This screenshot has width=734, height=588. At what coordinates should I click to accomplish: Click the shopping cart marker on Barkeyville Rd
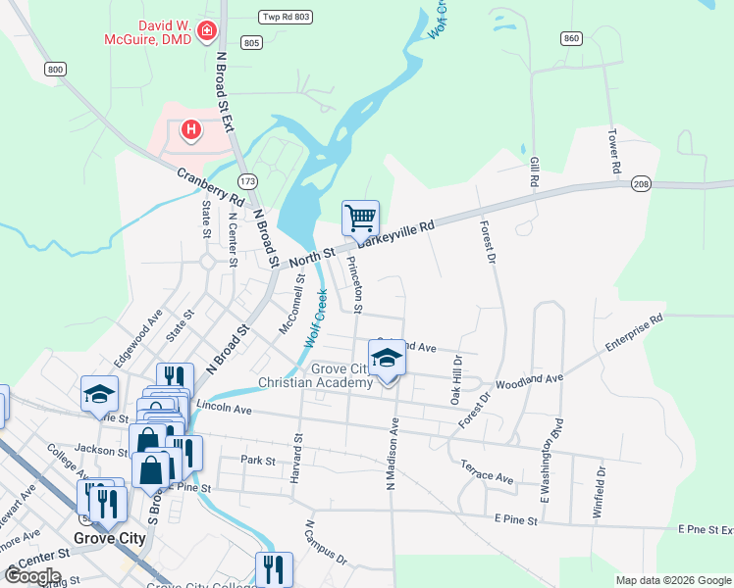point(360,218)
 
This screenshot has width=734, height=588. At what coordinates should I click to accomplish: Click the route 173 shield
point(247,181)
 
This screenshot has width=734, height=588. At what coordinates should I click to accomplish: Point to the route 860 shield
point(572,38)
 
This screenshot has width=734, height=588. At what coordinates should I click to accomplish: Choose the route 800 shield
point(55,69)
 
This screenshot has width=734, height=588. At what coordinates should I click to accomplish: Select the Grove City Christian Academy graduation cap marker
point(387,359)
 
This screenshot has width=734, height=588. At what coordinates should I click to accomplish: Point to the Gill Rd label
point(535,170)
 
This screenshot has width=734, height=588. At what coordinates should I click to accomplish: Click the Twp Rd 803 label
point(285,17)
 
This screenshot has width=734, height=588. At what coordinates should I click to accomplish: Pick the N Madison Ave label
point(393,453)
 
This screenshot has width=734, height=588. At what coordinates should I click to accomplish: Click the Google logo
point(33,576)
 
